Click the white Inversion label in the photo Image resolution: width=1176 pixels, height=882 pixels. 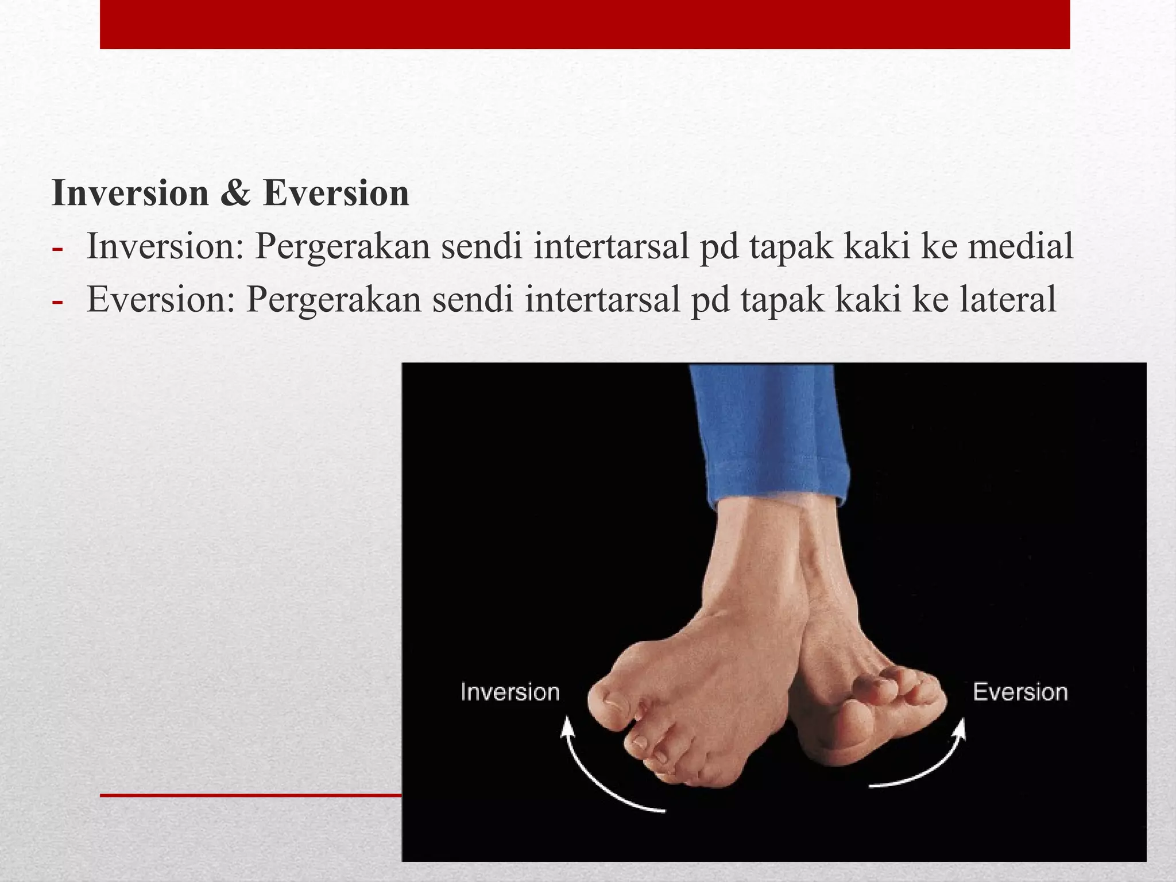510,693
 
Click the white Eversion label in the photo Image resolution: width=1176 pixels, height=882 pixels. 1020,693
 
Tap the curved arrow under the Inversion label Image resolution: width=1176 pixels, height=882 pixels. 597,775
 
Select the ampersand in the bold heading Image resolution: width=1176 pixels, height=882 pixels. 235,193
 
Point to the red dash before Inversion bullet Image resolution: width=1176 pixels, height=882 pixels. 57,249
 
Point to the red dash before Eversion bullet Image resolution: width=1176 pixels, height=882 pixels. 57,301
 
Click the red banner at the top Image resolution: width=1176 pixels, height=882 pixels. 585,24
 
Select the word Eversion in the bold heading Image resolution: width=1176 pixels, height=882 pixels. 336,193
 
